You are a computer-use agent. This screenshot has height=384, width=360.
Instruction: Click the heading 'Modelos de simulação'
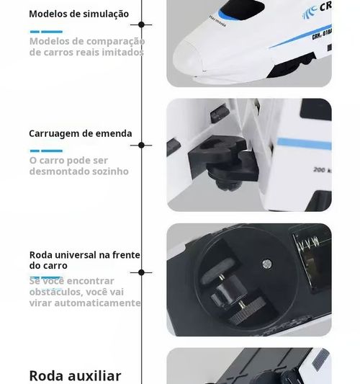(x=79, y=14)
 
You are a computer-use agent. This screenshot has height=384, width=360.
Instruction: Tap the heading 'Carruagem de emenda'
(x=81, y=133)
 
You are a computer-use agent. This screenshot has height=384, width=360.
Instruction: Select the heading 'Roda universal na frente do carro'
(x=85, y=260)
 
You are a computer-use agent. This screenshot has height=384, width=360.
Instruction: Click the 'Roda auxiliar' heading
(x=75, y=375)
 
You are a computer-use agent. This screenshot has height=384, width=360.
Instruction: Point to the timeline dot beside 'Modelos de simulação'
(x=141, y=24)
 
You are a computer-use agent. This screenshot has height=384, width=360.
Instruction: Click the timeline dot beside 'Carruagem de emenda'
(x=141, y=145)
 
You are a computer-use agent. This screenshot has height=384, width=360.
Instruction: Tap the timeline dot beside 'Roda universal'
(x=141, y=272)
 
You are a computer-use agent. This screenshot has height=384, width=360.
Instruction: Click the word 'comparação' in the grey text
(x=117, y=41)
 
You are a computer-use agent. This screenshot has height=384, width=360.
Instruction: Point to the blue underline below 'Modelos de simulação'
(x=46, y=32)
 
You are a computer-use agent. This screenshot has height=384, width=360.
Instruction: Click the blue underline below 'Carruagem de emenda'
(x=46, y=151)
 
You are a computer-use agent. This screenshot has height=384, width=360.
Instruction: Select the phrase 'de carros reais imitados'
(x=78, y=53)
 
